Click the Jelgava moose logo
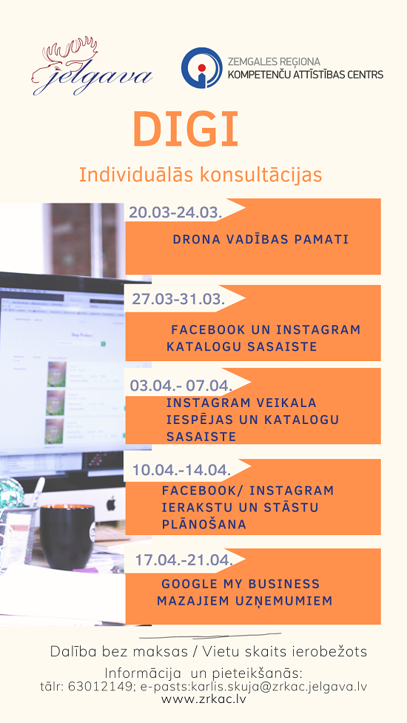click(x=92, y=67)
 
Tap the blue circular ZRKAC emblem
click(x=201, y=67)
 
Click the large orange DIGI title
click(x=186, y=128)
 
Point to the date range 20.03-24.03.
click(x=175, y=212)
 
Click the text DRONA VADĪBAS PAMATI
click(x=260, y=240)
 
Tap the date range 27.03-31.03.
click(x=178, y=299)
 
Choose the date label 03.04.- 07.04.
click(x=181, y=385)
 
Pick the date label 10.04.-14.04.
click(x=181, y=471)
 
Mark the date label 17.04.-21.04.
click(x=184, y=560)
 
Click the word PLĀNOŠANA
click(x=203, y=524)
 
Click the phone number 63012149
click(x=100, y=686)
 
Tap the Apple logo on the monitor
click(x=111, y=503)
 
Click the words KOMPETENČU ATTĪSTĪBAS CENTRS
click(x=306, y=74)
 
